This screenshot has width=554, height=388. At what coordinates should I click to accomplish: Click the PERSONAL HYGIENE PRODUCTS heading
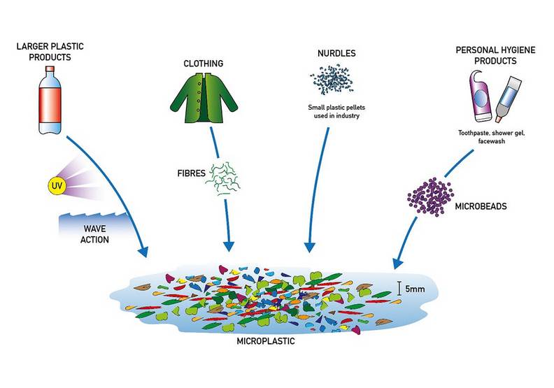(485, 56)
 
